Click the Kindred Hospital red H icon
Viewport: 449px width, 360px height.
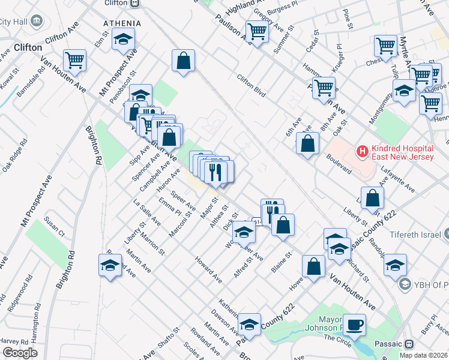[x=362, y=151]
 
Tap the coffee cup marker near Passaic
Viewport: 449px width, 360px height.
[x=354, y=325]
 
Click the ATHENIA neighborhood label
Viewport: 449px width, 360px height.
[x=122, y=23]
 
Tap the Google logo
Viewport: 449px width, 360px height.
[x=20, y=353]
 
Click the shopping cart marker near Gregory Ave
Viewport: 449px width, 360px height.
[x=256, y=31]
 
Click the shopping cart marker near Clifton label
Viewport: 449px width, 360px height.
[x=76, y=59]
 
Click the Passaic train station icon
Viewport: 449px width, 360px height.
[x=410, y=344]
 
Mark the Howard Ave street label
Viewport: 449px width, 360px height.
[x=208, y=269]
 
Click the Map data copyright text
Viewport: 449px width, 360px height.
[x=423, y=355]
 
